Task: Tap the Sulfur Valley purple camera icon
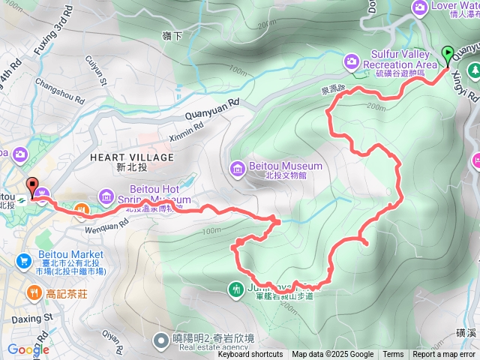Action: (350, 60)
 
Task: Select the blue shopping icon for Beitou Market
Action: (23, 261)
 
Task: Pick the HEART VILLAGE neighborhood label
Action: (131, 157)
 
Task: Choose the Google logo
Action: (28, 349)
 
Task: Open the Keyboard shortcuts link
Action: (250, 355)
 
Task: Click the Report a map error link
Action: (443, 355)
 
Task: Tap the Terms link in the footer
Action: (393, 355)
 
